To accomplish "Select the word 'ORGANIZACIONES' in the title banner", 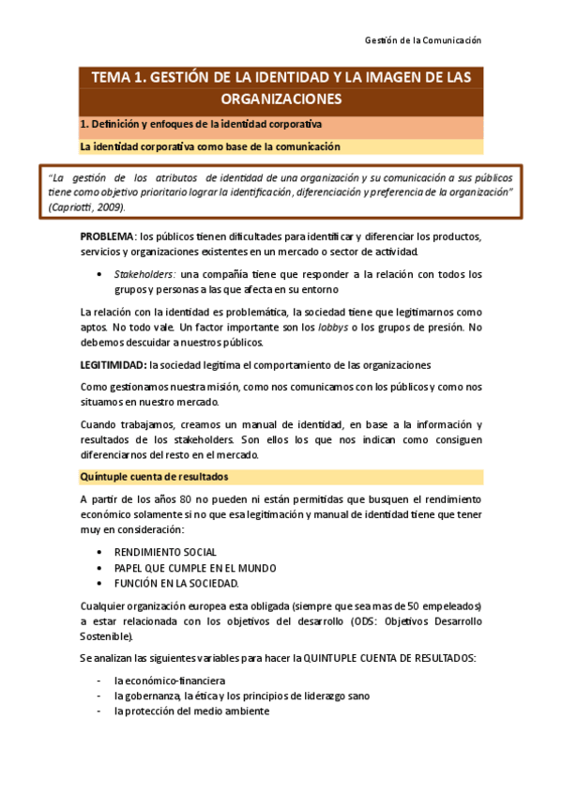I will pos(281,99).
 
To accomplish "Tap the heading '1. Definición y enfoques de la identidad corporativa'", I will pos(201,124).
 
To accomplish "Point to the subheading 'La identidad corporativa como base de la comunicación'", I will pos(210,147).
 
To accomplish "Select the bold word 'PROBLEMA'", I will pos(108,235).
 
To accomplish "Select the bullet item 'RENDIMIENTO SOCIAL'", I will pos(165,552).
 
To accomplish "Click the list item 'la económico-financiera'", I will pos(169,680).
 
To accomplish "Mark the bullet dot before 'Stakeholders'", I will pos(99,274).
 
